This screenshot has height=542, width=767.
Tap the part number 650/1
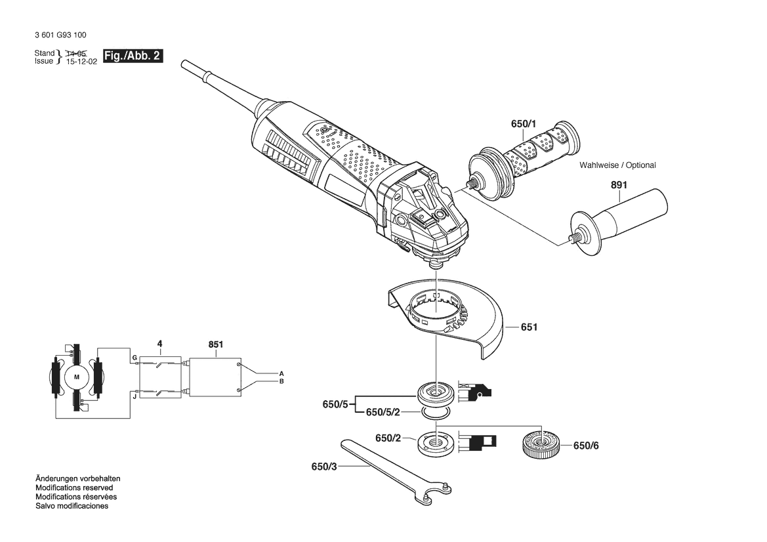coord(524,124)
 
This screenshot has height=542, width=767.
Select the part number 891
coord(619,185)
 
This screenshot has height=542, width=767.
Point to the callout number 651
coord(529,327)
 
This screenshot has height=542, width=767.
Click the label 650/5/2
coord(383,412)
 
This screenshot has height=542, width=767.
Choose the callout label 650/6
coord(586,446)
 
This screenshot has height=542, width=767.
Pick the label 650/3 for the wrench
coord(324,467)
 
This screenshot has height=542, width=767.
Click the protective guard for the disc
coord(446,317)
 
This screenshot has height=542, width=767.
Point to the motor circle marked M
coord(76,377)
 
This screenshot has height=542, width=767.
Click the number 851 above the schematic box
coord(216,344)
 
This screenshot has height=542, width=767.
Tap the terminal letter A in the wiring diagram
coord(281,373)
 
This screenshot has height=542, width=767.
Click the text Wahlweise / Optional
coord(617,165)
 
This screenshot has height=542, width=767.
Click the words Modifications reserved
coord(74,488)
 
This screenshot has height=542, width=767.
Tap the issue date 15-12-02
coord(82,62)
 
